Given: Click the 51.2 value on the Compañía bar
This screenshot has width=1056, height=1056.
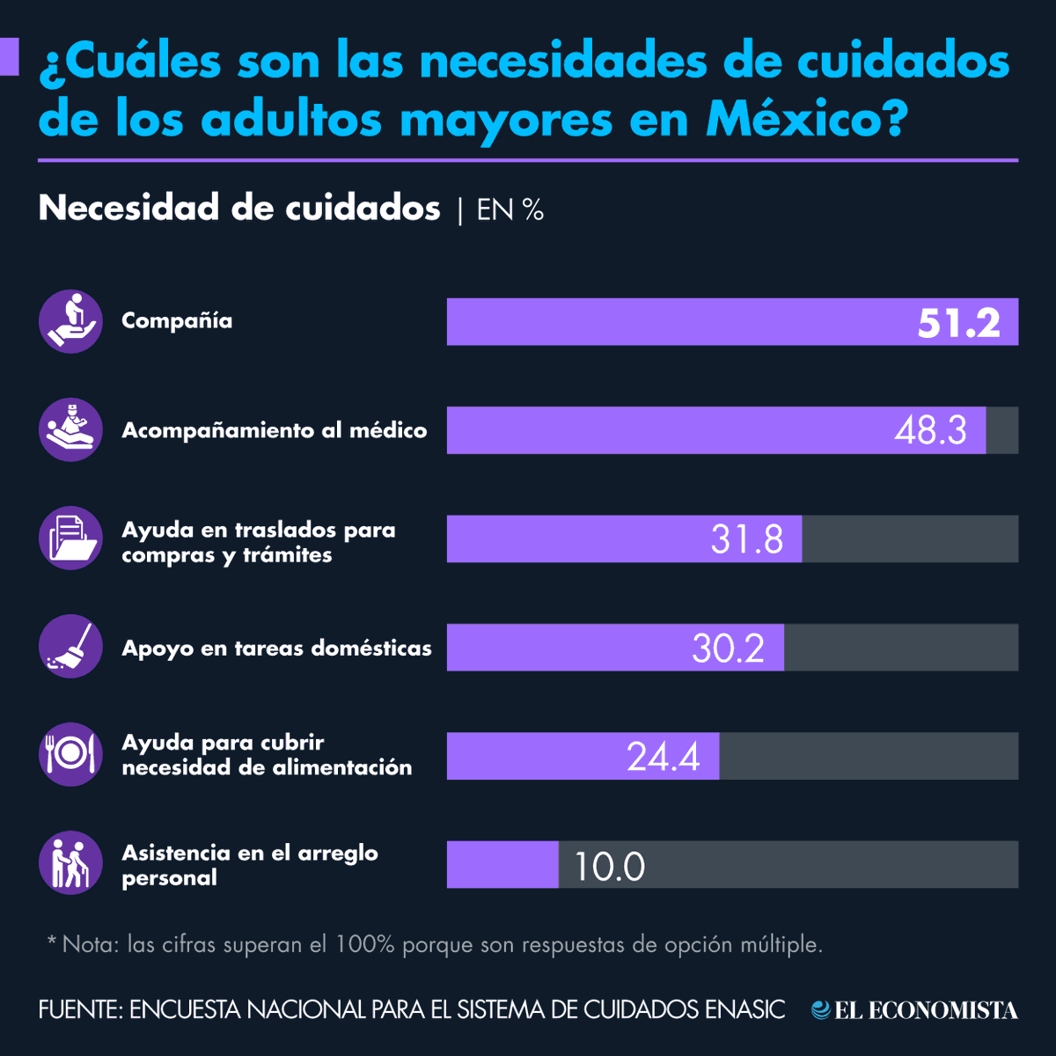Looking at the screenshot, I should coord(958,323).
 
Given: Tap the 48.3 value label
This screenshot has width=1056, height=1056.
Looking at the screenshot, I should coord(930,430).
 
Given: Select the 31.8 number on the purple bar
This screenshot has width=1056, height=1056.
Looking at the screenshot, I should coord(746,539).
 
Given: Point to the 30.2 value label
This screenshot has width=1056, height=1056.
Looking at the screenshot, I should coord(728,648).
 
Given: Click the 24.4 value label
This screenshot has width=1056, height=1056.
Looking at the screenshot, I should coord(663,757).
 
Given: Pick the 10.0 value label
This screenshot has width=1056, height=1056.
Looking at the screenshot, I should coord(609,866).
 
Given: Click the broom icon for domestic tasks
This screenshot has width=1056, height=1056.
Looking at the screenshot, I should coord(70,647).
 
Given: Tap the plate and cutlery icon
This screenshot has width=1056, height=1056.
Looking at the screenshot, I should coord(70,754).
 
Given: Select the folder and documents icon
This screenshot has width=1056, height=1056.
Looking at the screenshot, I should coord(70,538).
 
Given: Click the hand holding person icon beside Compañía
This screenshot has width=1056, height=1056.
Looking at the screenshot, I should coord(70,321).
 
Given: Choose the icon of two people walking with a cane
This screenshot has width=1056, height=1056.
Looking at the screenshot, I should coord(70,863).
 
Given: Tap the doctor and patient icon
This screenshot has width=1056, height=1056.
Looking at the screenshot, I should coord(70,429).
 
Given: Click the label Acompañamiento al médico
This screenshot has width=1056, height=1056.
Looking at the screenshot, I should coord(274,430).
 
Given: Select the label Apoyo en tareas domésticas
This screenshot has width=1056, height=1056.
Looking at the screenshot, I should coord(276,649).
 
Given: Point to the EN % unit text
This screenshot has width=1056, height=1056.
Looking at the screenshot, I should coord(510,209).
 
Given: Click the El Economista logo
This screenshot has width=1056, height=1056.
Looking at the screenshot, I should coord(915,1010).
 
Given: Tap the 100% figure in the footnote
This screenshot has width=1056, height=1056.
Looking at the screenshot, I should coord(364,945).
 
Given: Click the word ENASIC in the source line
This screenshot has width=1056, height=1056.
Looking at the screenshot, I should coord(744,1009).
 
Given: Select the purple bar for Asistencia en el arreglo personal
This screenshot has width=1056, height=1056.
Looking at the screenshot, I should coord(502,864).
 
